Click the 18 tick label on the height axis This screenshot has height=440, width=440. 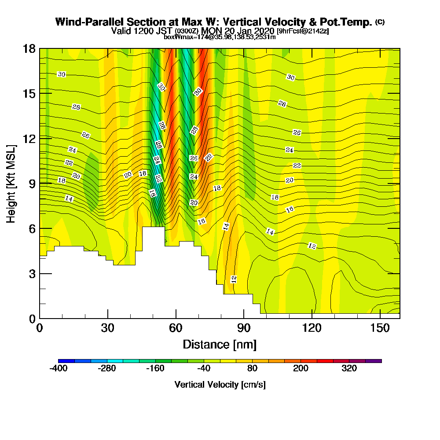[29, 48]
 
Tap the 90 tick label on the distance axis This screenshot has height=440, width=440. [244, 328]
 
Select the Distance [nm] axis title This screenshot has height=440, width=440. [220, 344]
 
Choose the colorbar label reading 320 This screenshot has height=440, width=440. [349, 368]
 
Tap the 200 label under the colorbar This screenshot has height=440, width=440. [301, 368]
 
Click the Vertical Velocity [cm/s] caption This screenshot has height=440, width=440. [220, 385]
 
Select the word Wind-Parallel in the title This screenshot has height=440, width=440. [89, 22]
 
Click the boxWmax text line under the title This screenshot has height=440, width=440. [220, 37]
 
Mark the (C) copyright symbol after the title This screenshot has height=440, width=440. [380, 22]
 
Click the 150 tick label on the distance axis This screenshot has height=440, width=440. [380, 328]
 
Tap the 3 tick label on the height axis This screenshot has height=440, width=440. [32, 274]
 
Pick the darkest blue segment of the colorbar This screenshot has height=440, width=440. [66, 361]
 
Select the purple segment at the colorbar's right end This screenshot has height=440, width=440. [373, 361]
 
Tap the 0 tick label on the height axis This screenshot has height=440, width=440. [32, 319]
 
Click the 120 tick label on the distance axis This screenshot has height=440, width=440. [312, 328]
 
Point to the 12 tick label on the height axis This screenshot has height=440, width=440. [29, 138]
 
